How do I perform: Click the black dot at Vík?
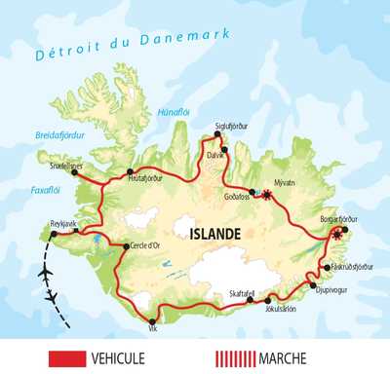[x=153, y=321]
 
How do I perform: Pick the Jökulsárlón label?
[x=282, y=312]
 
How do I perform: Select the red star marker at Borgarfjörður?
[x=338, y=235]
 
